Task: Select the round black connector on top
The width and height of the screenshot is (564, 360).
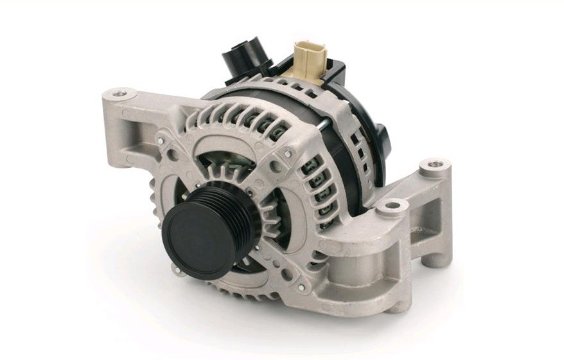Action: point(239,60)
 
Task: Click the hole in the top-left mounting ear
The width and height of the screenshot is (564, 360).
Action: point(119,95)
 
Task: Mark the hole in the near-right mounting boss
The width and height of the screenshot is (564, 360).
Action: point(391,206)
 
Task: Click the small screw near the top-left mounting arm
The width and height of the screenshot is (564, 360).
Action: point(159,139)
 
